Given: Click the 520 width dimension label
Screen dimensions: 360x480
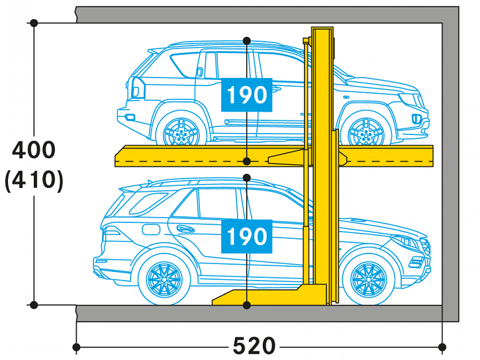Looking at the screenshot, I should point(254,345).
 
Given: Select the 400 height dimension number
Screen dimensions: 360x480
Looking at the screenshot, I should point(34,150).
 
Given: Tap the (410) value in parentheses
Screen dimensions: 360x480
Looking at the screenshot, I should point(34,181).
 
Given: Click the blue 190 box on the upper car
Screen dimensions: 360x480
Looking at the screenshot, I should point(247,95).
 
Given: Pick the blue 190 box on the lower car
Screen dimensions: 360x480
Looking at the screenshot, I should point(247,236).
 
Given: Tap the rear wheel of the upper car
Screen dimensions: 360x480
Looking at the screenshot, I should point(181,131).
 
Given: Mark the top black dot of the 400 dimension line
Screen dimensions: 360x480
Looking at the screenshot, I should point(34,23).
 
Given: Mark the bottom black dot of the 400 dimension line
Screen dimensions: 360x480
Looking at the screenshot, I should point(34,304).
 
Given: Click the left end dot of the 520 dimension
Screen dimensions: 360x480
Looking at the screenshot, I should point(76,347).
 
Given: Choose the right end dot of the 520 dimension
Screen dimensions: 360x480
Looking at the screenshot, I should point(442,347).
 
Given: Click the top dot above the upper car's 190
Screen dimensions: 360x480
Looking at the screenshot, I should point(247,40).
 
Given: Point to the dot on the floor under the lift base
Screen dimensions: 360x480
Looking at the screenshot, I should point(247,305).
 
